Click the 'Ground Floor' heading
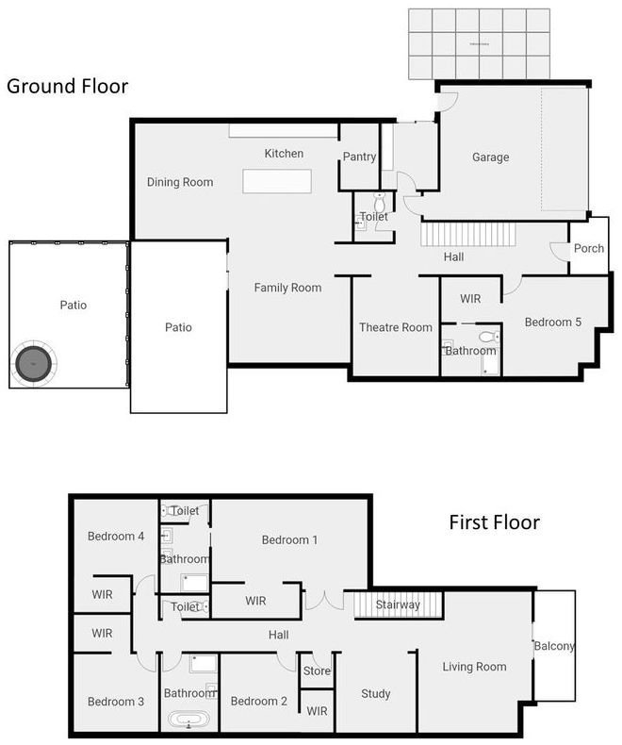(x=67, y=87)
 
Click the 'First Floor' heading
(x=494, y=522)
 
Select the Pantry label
(x=359, y=157)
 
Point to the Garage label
(x=490, y=157)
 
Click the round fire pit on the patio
(x=36, y=362)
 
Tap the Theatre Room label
(x=396, y=327)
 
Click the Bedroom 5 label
(x=552, y=323)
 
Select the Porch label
(x=589, y=249)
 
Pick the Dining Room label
(x=180, y=182)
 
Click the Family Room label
(x=287, y=288)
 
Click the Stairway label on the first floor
(x=398, y=604)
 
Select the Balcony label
(x=554, y=646)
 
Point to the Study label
(x=376, y=694)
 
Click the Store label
(x=318, y=671)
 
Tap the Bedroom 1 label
(x=289, y=540)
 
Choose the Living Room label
(x=474, y=667)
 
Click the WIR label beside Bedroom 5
(x=470, y=299)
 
